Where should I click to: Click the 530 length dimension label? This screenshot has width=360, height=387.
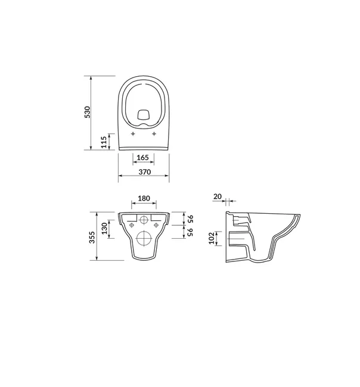pos(88,112)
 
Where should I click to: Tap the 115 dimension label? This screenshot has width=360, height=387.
pos(104,142)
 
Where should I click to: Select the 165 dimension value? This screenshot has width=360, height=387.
pos(143,157)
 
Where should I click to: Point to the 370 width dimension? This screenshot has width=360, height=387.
pos(145,172)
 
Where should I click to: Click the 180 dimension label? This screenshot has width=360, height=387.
pos(144,198)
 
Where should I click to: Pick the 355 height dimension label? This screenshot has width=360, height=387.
pos(92,237)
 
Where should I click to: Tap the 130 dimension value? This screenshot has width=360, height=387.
pos(105,228)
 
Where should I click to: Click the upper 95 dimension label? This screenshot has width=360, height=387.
pos(190,219)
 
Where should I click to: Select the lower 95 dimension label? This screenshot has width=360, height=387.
pos(190,232)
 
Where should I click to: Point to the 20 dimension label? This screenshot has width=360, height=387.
pos(218,196)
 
